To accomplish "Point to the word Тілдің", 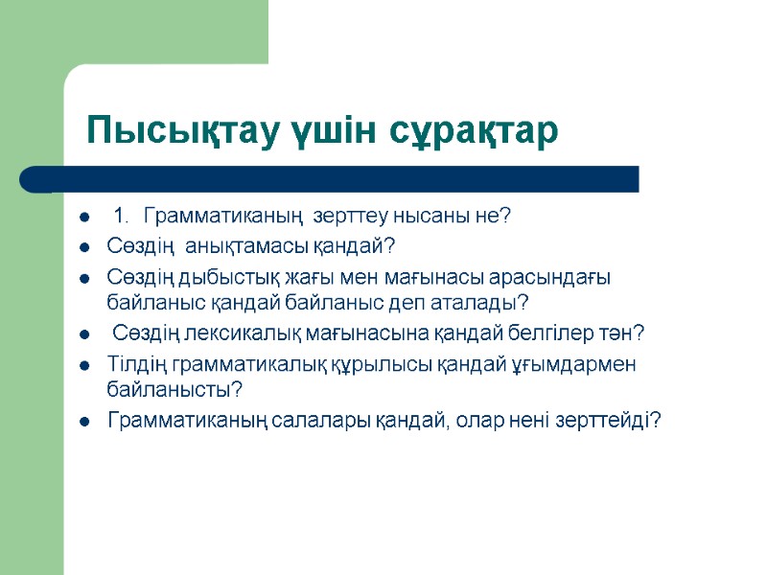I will tap(135, 364).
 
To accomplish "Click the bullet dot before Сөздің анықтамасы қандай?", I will tap(85, 247).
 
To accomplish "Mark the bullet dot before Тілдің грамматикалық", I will tap(85, 365).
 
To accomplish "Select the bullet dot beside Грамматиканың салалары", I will tap(85, 421).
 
